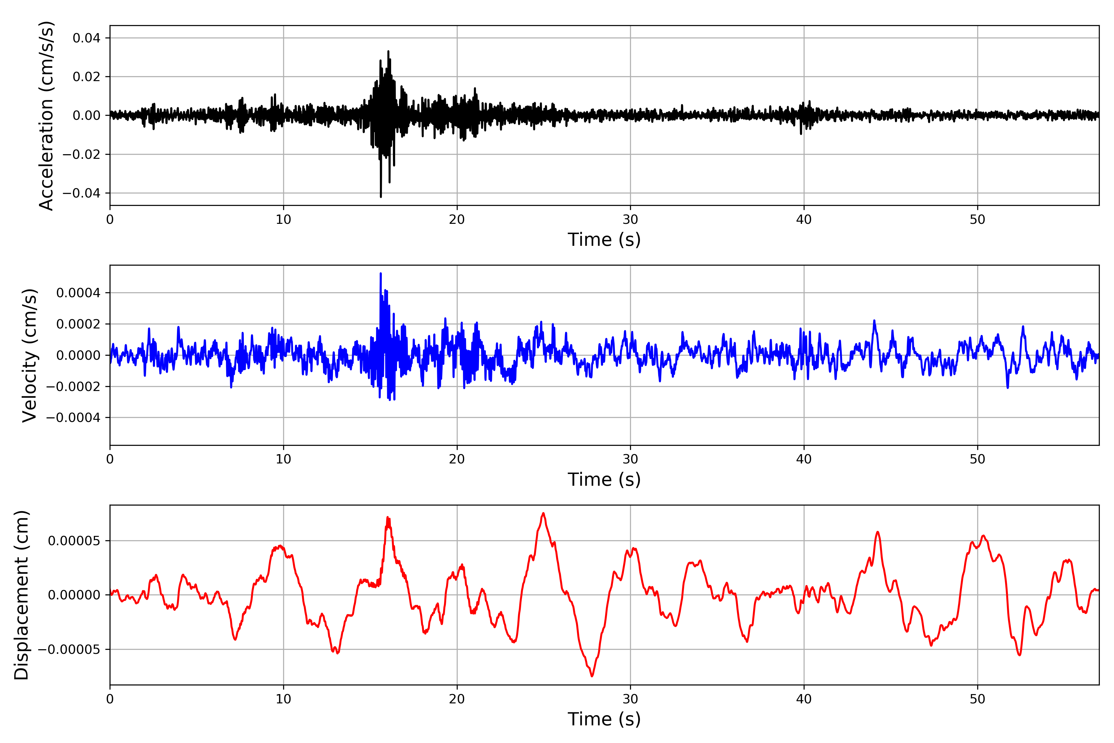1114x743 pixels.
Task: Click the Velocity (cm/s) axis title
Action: click(29, 355)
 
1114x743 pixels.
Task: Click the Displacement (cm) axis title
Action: click(21, 595)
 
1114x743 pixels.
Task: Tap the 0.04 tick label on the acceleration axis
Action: click(86, 38)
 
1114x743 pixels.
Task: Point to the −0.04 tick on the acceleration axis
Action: click(81, 193)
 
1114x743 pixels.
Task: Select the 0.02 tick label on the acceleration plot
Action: click(86, 77)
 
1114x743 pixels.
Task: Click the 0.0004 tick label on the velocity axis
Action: click(78, 293)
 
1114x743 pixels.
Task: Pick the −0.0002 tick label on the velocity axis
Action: click(73, 387)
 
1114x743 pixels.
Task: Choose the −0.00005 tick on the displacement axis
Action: click(69, 650)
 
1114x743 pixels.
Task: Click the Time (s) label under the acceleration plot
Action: click(604, 240)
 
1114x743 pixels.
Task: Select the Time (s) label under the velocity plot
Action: click(604, 480)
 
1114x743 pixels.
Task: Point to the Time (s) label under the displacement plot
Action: click(604, 719)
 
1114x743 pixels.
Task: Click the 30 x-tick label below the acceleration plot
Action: click(630, 220)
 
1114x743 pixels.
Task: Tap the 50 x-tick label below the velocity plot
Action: click(977, 459)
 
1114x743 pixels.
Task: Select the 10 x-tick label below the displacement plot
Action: click(283, 699)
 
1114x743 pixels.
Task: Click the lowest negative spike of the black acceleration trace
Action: click(381, 197)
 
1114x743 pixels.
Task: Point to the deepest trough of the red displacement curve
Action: click(592, 676)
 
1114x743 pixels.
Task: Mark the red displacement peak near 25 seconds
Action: click(543, 513)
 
